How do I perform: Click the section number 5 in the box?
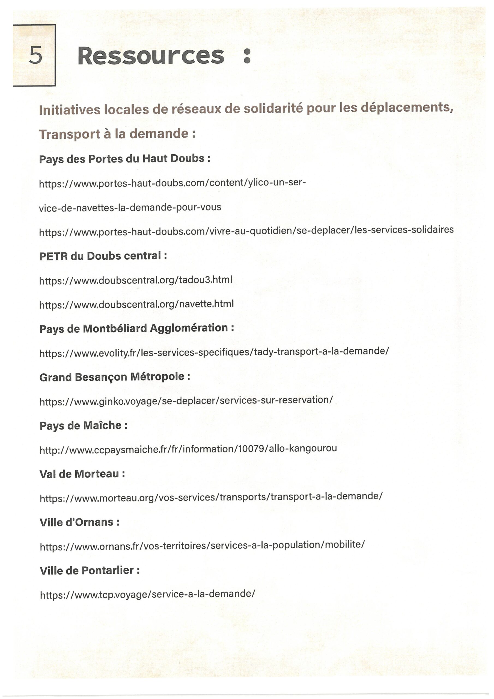(35, 55)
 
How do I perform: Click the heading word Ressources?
(151, 56)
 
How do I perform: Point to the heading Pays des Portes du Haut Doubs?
(124, 159)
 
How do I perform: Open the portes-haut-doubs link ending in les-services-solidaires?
(246, 230)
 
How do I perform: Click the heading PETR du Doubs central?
(103, 256)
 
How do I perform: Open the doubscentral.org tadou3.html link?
(136, 280)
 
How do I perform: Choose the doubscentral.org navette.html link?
(136, 304)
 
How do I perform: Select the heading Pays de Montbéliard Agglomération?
(137, 328)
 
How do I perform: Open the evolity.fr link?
(214, 352)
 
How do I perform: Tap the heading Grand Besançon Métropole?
(115, 377)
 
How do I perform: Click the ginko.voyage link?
(186, 401)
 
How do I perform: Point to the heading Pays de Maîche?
(84, 425)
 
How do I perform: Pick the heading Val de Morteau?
(82, 474)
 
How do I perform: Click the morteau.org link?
(211, 497)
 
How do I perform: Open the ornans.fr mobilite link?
(202, 545)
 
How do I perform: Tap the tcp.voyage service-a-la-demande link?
(147, 594)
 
